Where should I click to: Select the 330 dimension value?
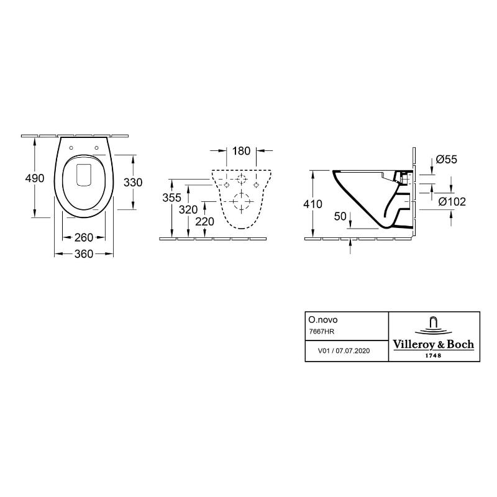click(133, 182)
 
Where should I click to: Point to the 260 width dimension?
click(84, 237)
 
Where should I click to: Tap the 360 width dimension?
click(84, 253)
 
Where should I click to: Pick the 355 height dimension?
click(171, 198)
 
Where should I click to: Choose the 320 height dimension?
click(188, 209)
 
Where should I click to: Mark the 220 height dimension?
click(204, 222)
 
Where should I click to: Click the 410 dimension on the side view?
click(312, 204)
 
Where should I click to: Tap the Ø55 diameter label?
click(446, 160)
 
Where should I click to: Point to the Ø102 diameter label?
click(452, 201)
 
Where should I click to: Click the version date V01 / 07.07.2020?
click(344, 351)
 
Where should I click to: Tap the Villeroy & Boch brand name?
click(434, 344)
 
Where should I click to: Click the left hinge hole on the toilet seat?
click(71, 148)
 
